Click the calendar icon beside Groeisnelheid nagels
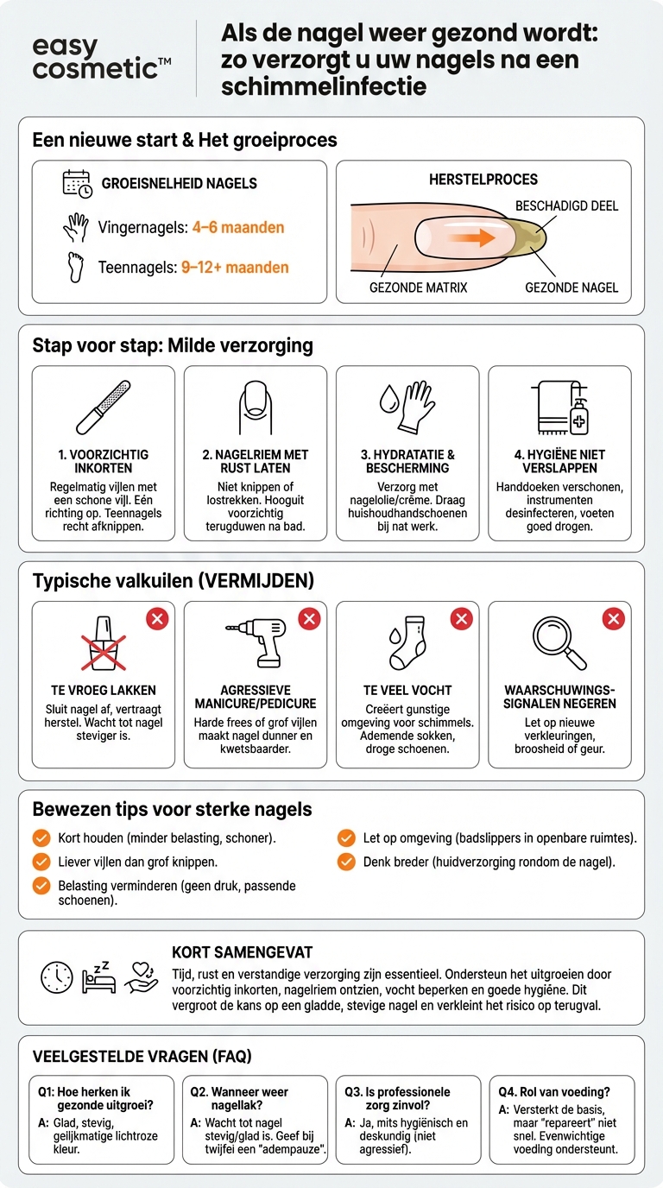[x=78, y=184]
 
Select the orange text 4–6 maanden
[x=238, y=228]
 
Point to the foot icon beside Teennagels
[x=76, y=268]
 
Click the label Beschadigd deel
[x=566, y=205]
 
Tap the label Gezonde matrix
[x=418, y=288]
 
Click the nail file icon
[x=103, y=408]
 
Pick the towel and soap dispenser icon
[x=560, y=408]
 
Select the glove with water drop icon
[x=407, y=408]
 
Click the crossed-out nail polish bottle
[x=104, y=643]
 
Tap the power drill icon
[x=256, y=642]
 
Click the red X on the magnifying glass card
[x=614, y=618]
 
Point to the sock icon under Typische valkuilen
[x=407, y=642]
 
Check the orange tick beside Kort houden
[x=41, y=838]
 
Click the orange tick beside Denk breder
[x=346, y=862]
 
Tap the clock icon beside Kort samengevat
[x=57, y=977]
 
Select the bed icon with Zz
[x=98, y=977]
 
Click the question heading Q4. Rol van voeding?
[x=553, y=1092]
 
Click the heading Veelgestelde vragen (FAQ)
[x=142, y=1056]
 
